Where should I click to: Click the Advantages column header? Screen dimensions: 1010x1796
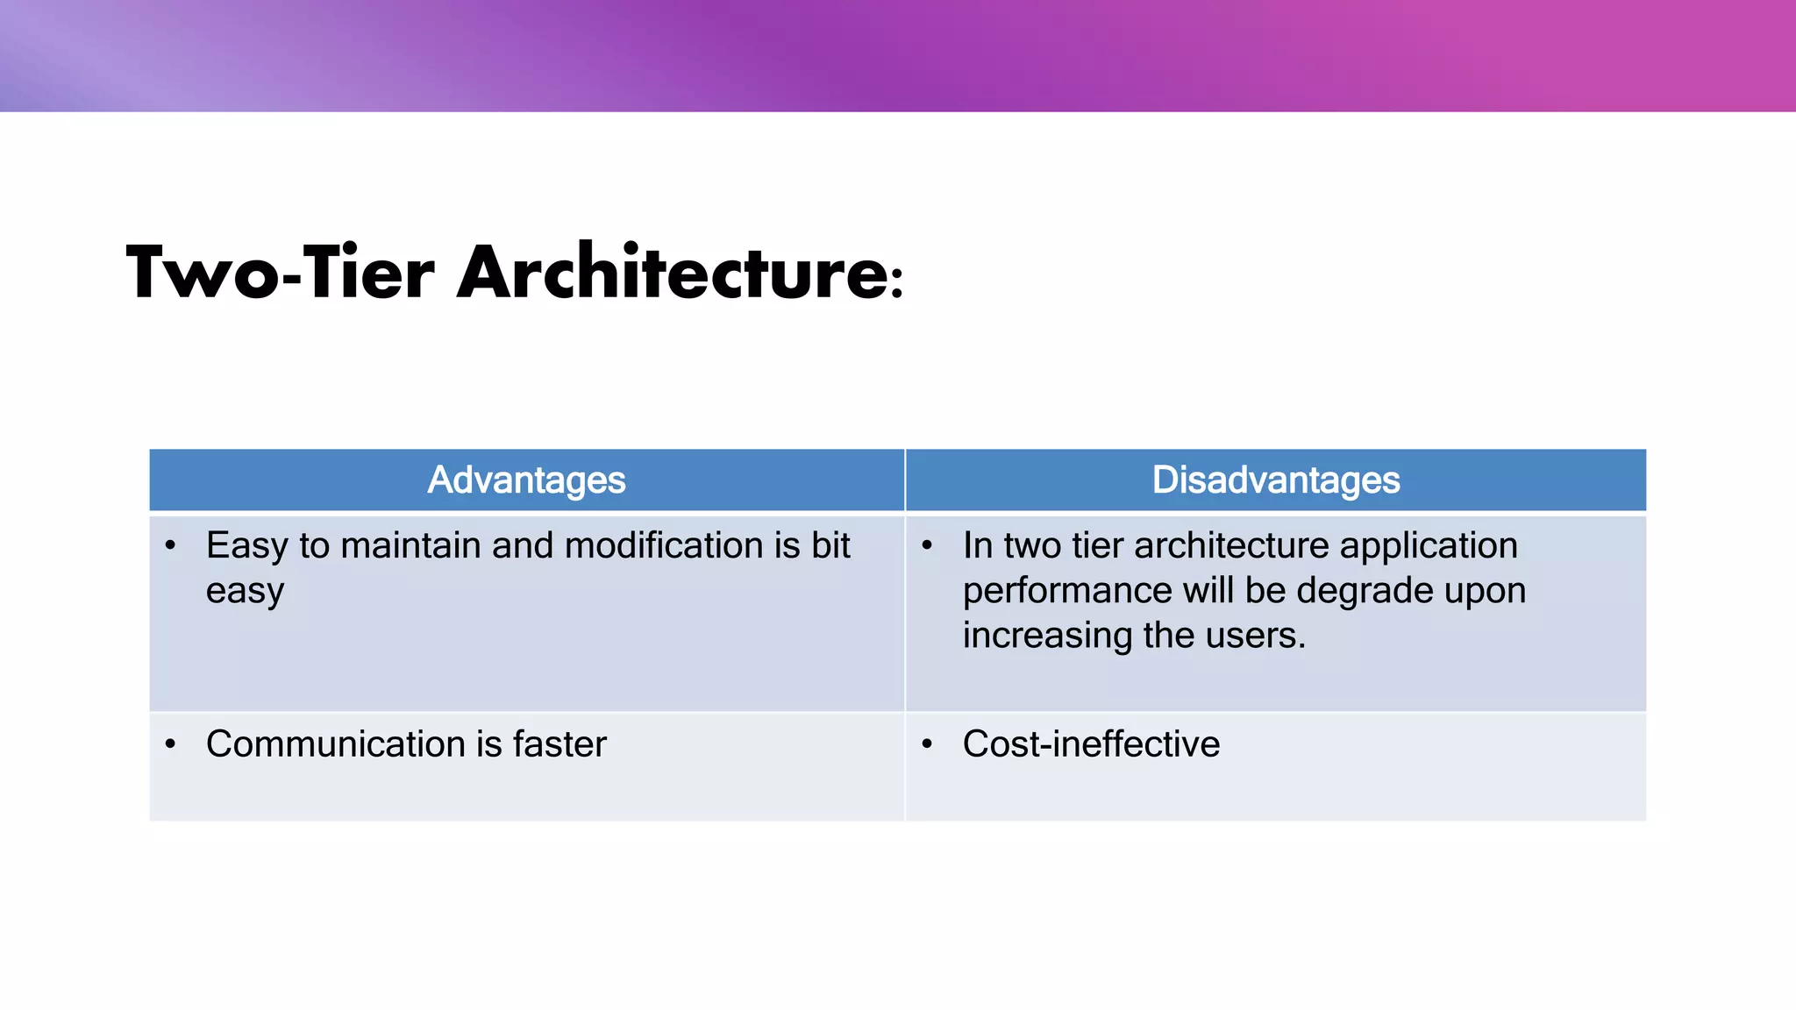[x=526, y=480]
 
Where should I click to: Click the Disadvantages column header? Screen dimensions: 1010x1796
[x=1275, y=480]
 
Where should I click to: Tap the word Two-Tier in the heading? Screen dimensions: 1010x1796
[x=281, y=273]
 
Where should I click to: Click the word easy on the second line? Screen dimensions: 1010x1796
[x=245, y=593]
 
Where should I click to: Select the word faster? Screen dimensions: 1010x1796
[x=559, y=744]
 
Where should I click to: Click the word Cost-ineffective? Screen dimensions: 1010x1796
[x=1091, y=744]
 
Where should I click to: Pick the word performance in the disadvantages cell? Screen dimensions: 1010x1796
[x=1066, y=592]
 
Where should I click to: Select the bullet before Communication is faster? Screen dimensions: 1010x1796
[x=170, y=745]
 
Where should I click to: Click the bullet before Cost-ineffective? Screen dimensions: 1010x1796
[x=927, y=745]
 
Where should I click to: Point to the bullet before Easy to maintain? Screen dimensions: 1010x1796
[x=170, y=546]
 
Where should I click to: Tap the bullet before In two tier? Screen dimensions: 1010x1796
[x=927, y=546]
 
